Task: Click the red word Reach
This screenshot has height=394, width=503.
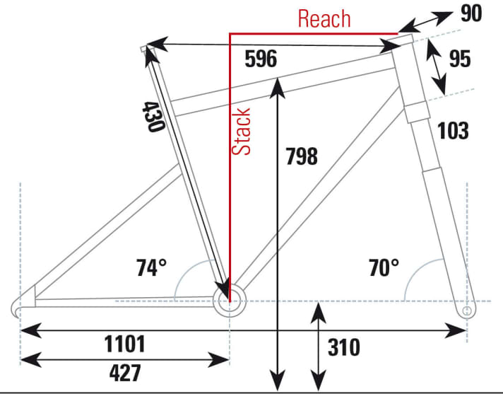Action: click(324, 18)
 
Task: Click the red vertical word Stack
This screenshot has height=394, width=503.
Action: click(242, 131)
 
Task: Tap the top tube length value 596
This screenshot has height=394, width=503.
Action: click(261, 59)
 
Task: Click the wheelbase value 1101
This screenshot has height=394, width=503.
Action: click(124, 344)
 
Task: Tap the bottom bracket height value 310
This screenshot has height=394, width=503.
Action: click(343, 347)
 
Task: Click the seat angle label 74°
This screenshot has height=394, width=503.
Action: click(152, 267)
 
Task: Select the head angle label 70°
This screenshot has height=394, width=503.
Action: click(384, 267)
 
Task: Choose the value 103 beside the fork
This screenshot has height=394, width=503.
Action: click(453, 130)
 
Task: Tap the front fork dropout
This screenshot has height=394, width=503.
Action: click(466, 310)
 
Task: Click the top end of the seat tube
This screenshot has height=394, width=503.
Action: click(147, 48)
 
